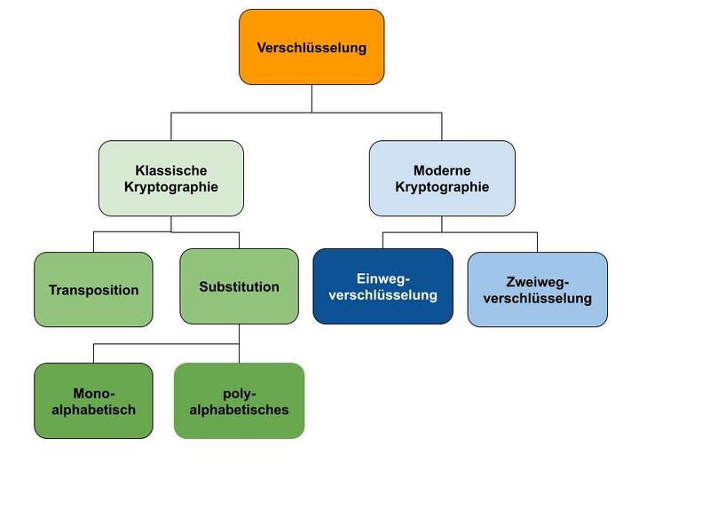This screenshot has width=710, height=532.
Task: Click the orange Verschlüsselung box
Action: coord(312,47)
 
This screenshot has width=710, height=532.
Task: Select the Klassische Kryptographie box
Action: coord(171,178)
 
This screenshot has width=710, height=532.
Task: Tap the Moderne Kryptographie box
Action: coord(442,178)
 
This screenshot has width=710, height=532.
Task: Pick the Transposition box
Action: coord(93,289)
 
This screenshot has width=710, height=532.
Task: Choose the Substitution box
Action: coord(239,286)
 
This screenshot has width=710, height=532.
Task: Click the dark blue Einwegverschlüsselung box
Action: coord(383,286)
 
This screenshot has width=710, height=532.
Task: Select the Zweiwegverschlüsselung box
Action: coord(537,289)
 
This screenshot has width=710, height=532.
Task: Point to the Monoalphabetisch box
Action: coord(93,400)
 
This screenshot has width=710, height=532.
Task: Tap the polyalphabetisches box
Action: coord(239,400)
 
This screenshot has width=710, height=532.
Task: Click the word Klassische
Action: coord(171,169)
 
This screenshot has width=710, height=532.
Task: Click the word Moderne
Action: coord(442,169)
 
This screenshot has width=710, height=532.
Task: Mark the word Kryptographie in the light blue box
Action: coord(442,187)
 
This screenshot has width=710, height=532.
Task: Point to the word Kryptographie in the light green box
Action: coord(171,187)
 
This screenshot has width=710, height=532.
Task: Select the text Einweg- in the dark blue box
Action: coord(383,278)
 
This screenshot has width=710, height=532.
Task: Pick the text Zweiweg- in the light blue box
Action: coord(537,282)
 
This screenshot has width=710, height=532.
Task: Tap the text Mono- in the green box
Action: coord(93,392)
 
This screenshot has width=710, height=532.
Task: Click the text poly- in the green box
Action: coord(239,392)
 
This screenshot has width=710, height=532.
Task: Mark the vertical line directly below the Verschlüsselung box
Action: coord(312,98)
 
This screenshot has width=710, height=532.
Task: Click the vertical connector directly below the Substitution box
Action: coord(239,334)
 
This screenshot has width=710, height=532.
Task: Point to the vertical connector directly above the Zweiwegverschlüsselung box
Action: coord(537,242)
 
